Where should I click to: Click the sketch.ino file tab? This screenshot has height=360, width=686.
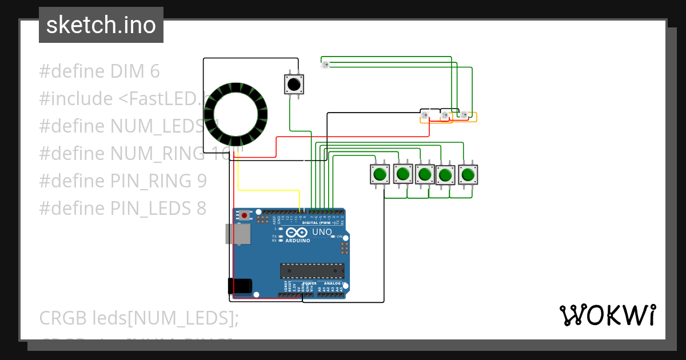point(101,25)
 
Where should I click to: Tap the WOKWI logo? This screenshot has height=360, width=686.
point(607,315)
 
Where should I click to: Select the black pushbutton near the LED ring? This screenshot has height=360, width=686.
point(294,85)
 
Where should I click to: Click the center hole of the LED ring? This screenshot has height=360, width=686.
point(236,113)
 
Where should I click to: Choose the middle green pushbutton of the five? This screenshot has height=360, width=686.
point(425,174)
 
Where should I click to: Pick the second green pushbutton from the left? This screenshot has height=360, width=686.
point(403,173)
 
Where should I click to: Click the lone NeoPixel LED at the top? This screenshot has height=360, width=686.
point(325,65)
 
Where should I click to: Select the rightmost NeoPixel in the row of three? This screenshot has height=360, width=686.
point(464,115)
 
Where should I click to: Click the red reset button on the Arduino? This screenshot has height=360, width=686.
point(245,215)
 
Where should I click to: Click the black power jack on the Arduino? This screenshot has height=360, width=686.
point(240,286)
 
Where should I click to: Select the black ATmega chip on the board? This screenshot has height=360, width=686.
point(312,270)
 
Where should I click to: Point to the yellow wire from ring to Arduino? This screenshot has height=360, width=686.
point(269,189)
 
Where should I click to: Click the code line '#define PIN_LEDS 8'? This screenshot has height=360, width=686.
point(122,208)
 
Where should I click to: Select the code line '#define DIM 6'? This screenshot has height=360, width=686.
point(99,71)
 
